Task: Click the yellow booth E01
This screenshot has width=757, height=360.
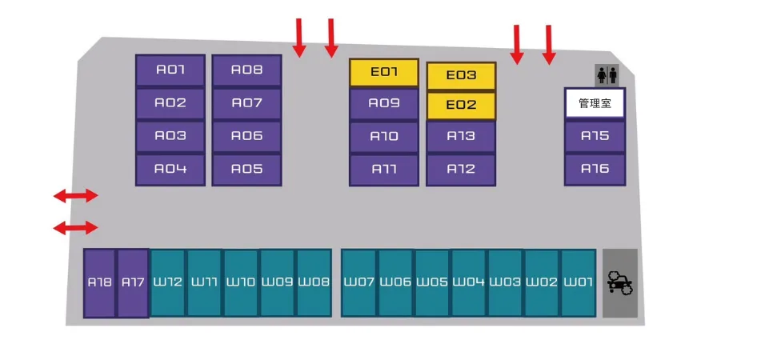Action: tap(383, 72)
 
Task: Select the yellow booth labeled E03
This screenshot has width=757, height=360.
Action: tap(461, 75)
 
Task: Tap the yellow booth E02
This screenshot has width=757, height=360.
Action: tap(461, 105)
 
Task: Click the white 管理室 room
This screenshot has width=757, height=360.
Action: tap(595, 103)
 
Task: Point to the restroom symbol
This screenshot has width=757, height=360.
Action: tap(607, 74)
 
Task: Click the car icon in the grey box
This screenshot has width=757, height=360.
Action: tap(620, 282)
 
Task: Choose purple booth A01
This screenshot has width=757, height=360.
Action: tap(170, 70)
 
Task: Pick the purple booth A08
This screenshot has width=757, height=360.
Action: tap(246, 70)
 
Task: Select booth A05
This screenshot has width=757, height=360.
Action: tap(246, 170)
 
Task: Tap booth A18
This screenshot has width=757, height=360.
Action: tap(100, 282)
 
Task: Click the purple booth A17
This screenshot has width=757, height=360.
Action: tap(133, 282)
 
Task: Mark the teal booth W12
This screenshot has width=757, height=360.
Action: tap(168, 282)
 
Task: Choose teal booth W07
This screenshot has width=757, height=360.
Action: tap(359, 282)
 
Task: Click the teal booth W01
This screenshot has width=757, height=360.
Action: tap(578, 282)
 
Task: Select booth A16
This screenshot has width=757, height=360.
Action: tap(595, 169)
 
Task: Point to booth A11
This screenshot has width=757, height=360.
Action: tap(383, 170)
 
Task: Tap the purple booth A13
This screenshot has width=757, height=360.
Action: tap(461, 136)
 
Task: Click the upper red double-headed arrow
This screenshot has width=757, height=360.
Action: tap(75, 195)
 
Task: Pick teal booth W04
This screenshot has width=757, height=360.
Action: tap(469, 282)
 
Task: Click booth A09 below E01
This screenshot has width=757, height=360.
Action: tap(383, 103)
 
